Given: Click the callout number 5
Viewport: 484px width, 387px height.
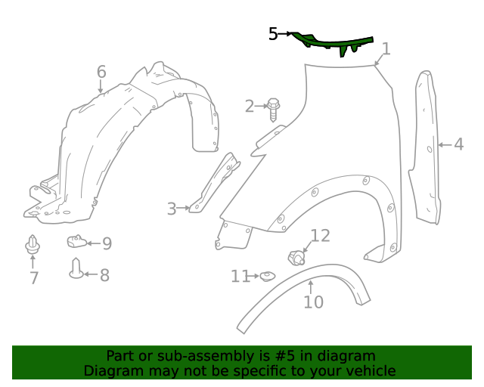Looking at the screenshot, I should [273, 33].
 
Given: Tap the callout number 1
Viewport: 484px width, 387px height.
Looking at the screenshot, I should [386, 50].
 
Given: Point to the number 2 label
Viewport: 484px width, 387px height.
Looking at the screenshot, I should [250, 106].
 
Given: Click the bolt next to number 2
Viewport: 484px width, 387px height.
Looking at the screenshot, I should [273, 108].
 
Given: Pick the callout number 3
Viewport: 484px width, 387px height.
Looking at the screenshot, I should [172, 209].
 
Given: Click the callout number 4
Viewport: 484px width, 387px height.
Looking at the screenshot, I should [459, 144].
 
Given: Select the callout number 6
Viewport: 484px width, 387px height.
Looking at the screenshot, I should [101, 73].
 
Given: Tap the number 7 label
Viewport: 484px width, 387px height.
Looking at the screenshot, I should [34, 278].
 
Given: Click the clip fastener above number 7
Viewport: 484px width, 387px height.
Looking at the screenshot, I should [32, 246].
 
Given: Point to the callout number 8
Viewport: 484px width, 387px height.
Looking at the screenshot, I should [104, 275].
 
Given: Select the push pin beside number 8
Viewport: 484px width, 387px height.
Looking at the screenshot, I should [76, 268].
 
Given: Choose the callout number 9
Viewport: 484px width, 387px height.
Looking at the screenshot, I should [107, 243].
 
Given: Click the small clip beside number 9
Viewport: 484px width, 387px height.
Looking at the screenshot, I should [74, 241].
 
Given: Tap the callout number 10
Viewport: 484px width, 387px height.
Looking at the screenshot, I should [313, 302].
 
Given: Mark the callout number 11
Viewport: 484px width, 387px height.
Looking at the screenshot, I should [240, 277].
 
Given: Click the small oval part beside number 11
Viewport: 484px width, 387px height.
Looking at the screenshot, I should [267, 277].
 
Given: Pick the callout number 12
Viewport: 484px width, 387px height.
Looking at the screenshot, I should [320, 236].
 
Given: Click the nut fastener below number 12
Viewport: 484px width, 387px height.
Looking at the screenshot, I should [296, 259].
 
